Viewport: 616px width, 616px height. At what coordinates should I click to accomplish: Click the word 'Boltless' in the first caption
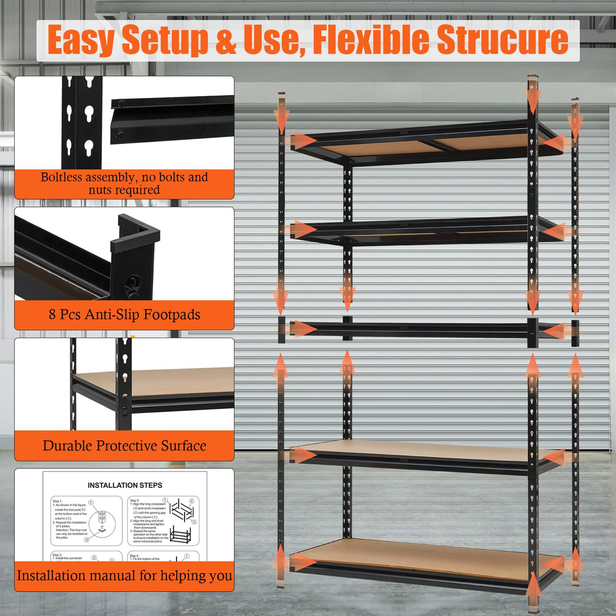[x=61, y=177]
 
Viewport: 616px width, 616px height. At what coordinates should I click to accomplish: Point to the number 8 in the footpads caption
[x=52, y=315]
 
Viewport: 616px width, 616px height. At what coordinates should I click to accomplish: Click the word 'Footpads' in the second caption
[x=172, y=315]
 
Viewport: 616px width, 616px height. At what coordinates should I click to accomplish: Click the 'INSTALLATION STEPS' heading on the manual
[x=125, y=485]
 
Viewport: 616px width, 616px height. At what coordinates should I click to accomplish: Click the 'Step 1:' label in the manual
[x=57, y=501]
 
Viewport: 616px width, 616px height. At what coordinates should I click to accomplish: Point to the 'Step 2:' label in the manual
[x=134, y=500]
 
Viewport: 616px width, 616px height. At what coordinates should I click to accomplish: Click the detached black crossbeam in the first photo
[x=173, y=119]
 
